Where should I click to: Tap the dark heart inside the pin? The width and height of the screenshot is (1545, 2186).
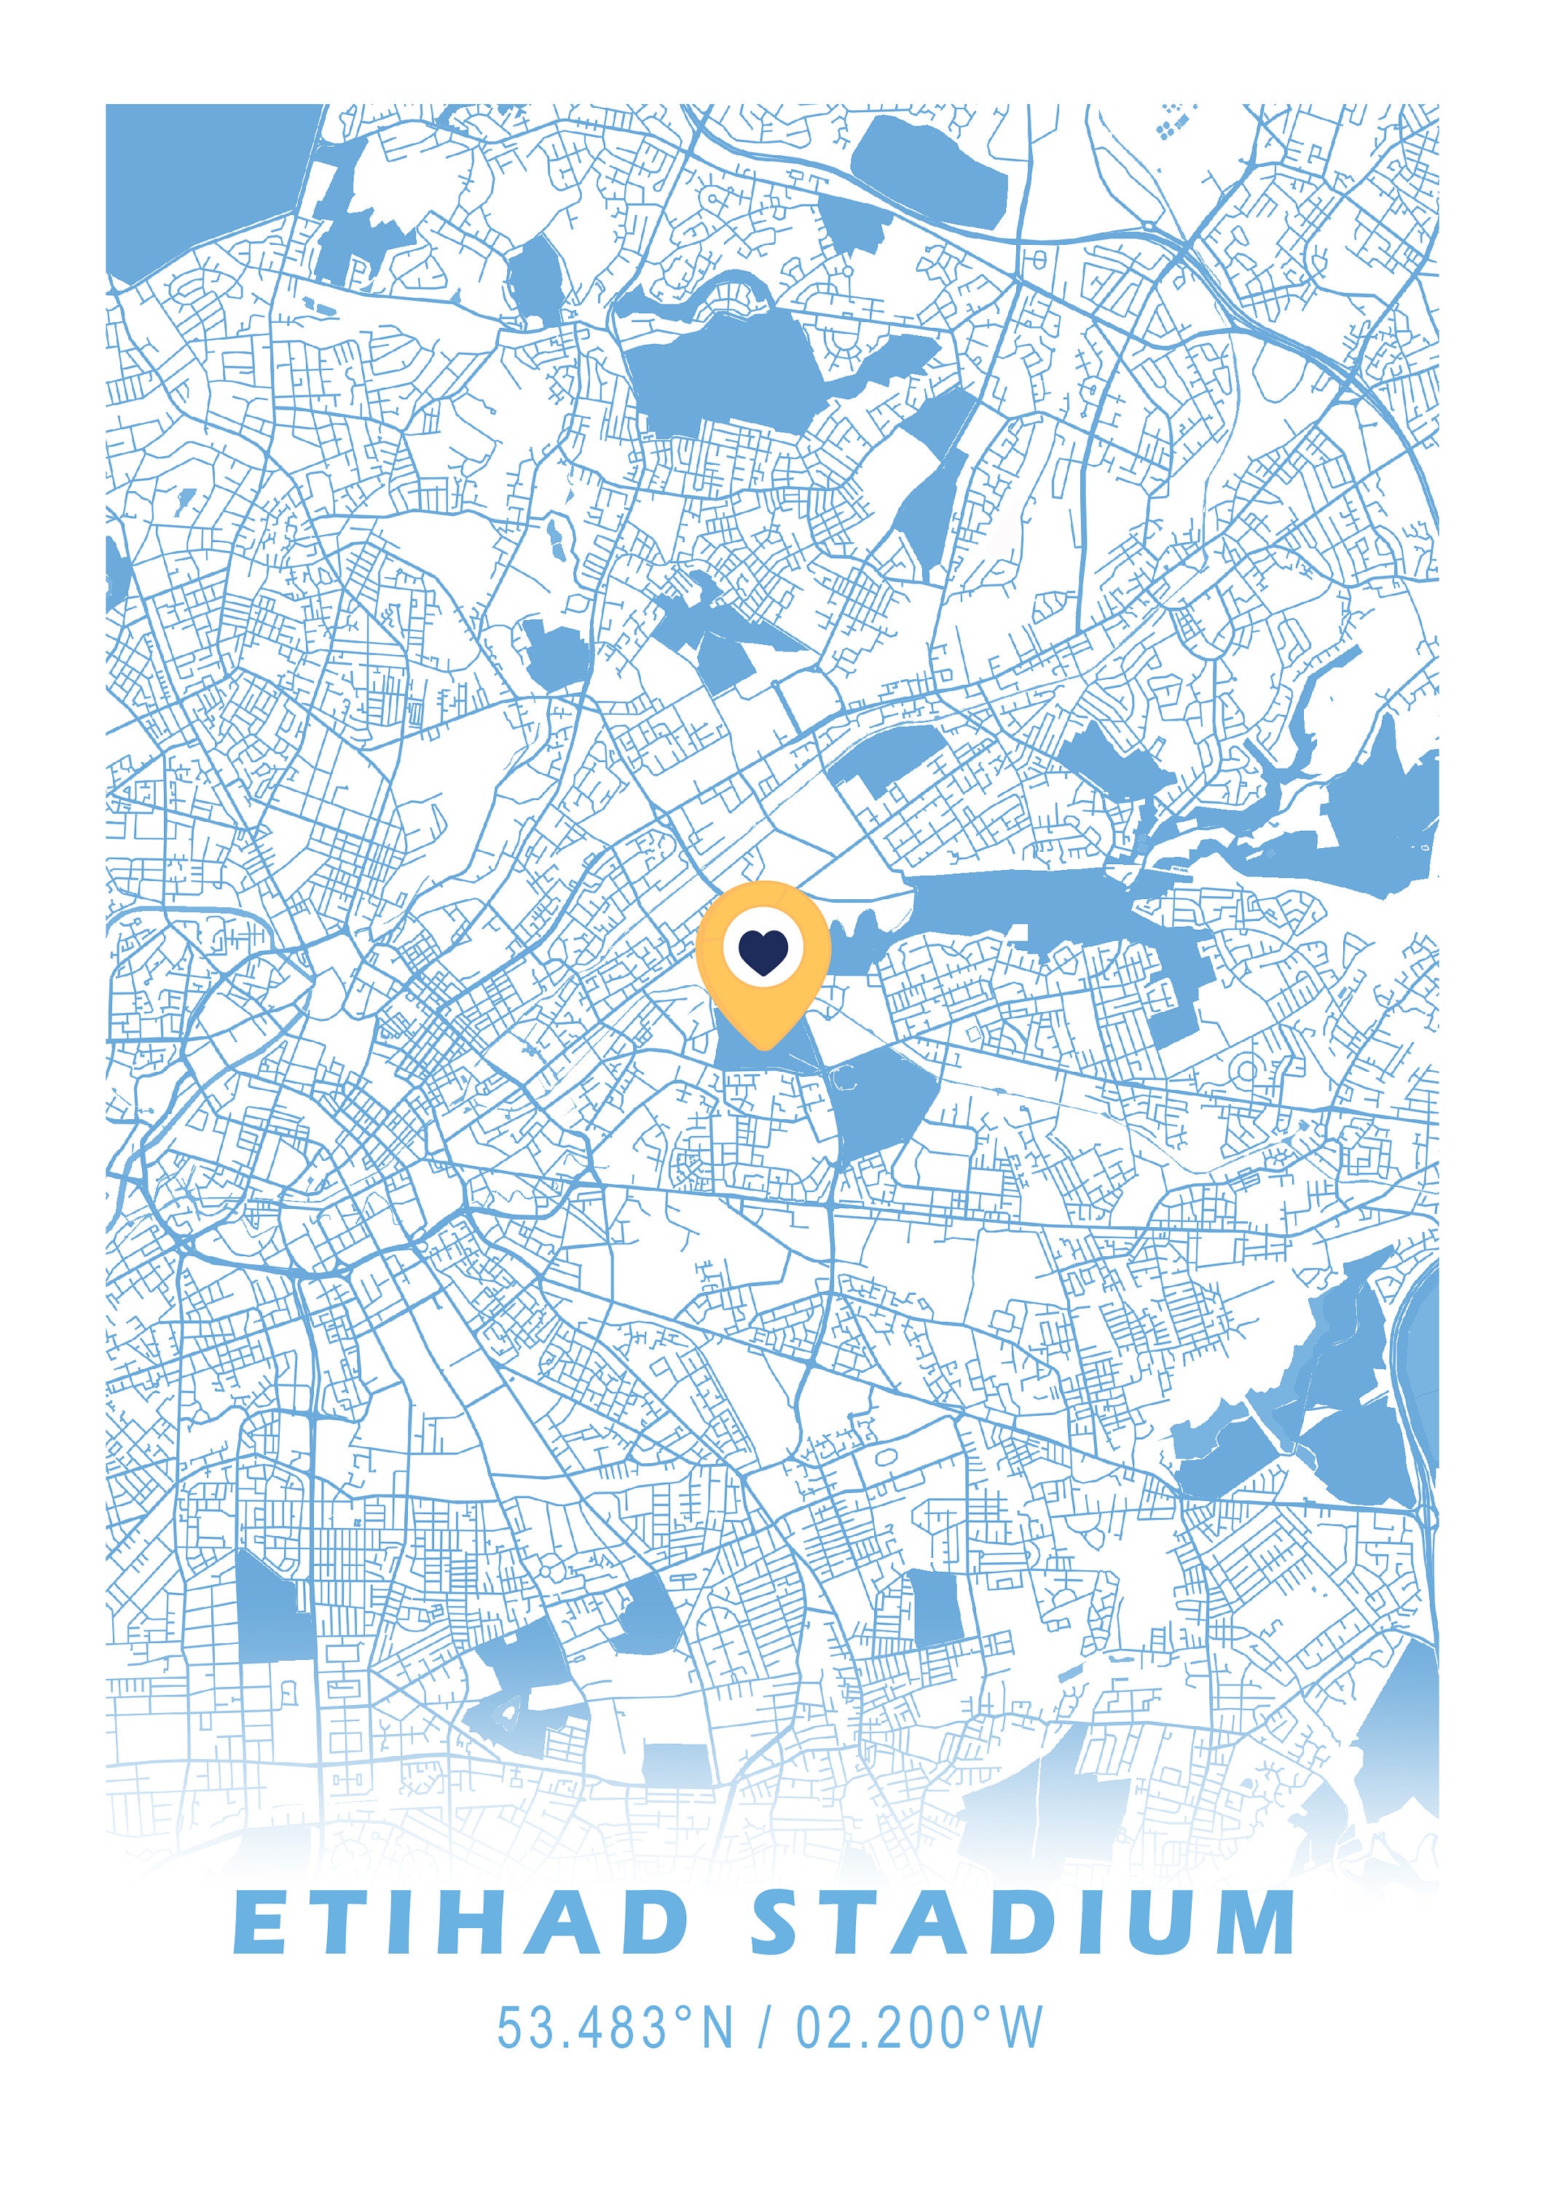[x=763, y=952]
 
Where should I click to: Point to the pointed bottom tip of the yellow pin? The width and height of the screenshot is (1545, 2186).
[x=763, y=1047]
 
